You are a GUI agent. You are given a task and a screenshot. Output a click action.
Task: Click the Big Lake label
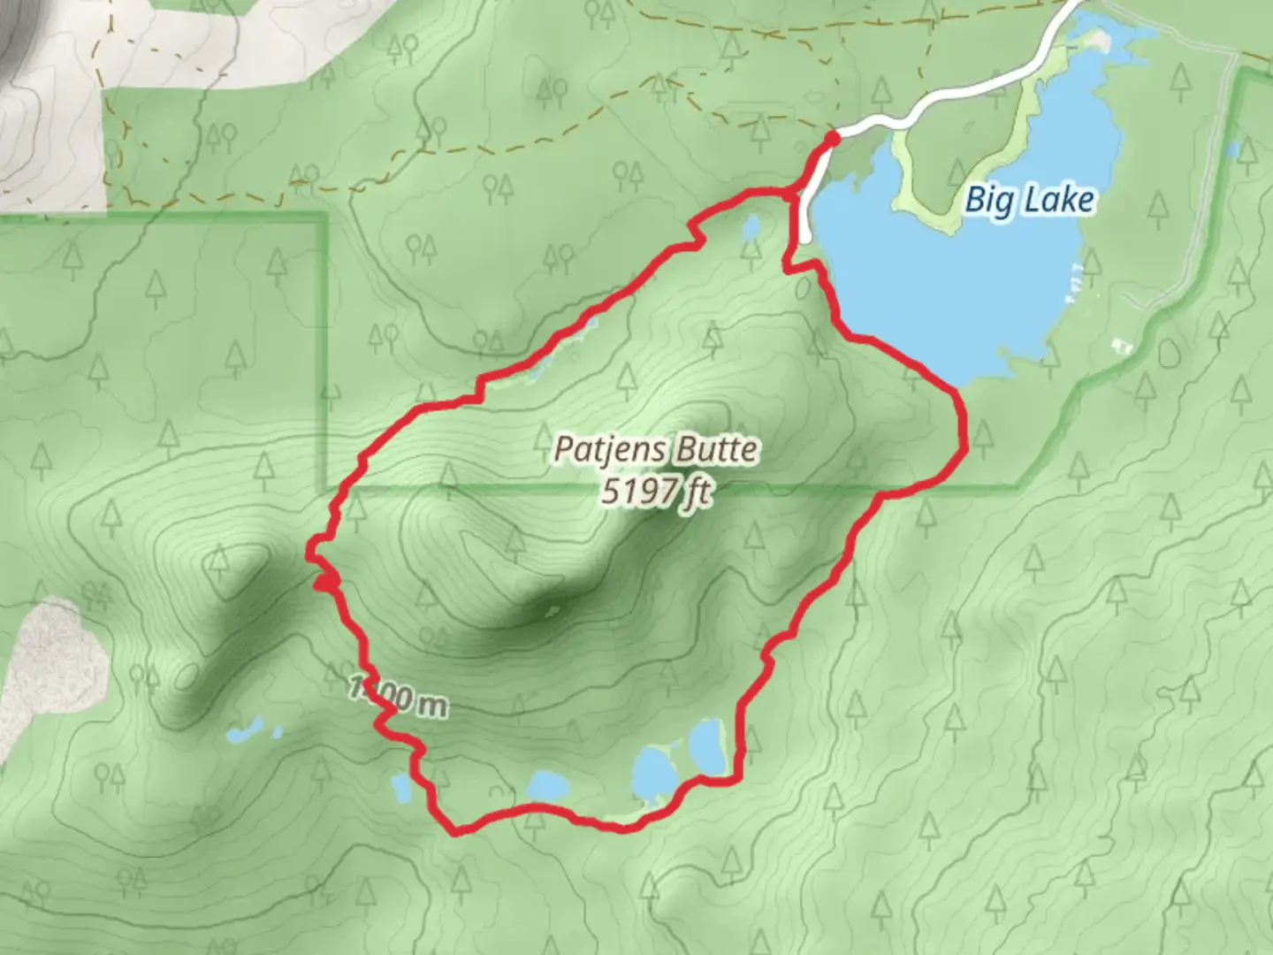point(1029,200)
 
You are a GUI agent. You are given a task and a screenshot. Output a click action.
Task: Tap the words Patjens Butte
point(655,449)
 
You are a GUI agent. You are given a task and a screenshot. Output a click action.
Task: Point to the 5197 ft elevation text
point(655,491)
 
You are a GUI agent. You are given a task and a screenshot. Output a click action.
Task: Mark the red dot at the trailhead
point(832,138)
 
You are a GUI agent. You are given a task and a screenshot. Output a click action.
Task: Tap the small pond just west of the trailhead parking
point(751,229)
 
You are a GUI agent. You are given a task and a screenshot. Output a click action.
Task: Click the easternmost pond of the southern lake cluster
point(708,745)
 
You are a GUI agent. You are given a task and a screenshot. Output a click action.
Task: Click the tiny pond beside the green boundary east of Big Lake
point(1232,149)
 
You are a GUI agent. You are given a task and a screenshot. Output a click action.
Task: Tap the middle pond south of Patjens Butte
point(653,771)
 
